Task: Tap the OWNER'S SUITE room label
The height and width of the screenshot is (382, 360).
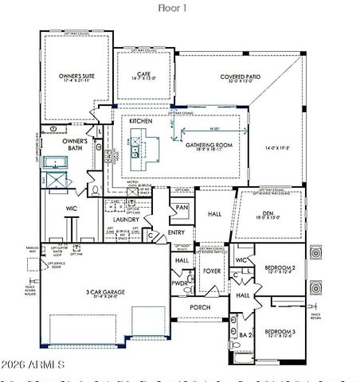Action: click(76, 78)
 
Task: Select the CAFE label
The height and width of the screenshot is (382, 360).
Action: click(143, 75)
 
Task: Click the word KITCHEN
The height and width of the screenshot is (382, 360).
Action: click(130, 121)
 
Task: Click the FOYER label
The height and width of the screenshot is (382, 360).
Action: click(211, 271)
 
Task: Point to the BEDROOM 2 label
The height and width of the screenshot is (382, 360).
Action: click(280, 269)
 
